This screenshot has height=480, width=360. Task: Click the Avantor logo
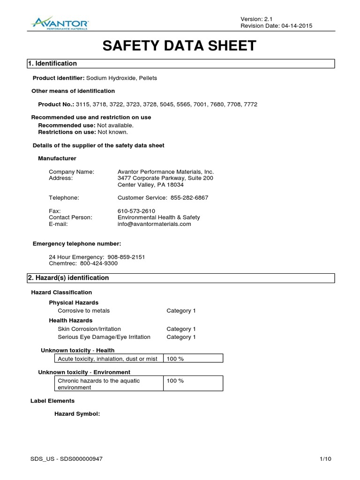[x=60, y=22]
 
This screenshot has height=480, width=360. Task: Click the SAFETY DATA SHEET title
[x=180, y=45]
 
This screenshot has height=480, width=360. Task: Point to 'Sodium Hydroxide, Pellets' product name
[x=121, y=78]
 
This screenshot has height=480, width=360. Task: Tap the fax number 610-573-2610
[x=136, y=211]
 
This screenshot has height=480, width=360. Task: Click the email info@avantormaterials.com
[x=154, y=224]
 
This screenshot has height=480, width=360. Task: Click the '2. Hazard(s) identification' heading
[x=68, y=278]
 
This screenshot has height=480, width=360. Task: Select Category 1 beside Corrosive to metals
[x=181, y=311]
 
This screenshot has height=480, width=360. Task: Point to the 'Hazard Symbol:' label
[x=77, y=414]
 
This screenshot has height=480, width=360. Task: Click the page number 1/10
[x=325, y=459]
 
